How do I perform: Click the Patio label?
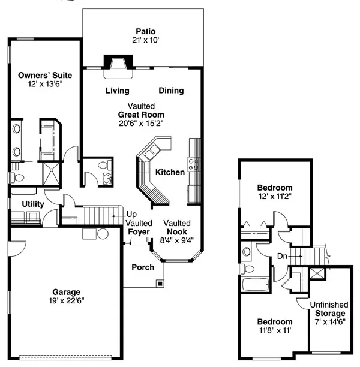click(145, 31)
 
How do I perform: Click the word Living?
click(118, 91)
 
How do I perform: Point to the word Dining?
click(171, 91)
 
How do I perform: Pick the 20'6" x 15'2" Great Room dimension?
click(141, 123)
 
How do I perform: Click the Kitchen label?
click(170, 172)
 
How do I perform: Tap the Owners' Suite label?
click(45, 75)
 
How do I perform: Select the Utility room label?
click(33, 204)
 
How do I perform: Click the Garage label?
click(67, 293)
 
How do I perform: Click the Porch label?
click(143, 267)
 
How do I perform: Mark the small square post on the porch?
click(159, 282)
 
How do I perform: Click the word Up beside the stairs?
click(130, 214)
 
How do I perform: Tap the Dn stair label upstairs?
click(281, 256)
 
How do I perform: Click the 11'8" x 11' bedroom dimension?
click(274, 330)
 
